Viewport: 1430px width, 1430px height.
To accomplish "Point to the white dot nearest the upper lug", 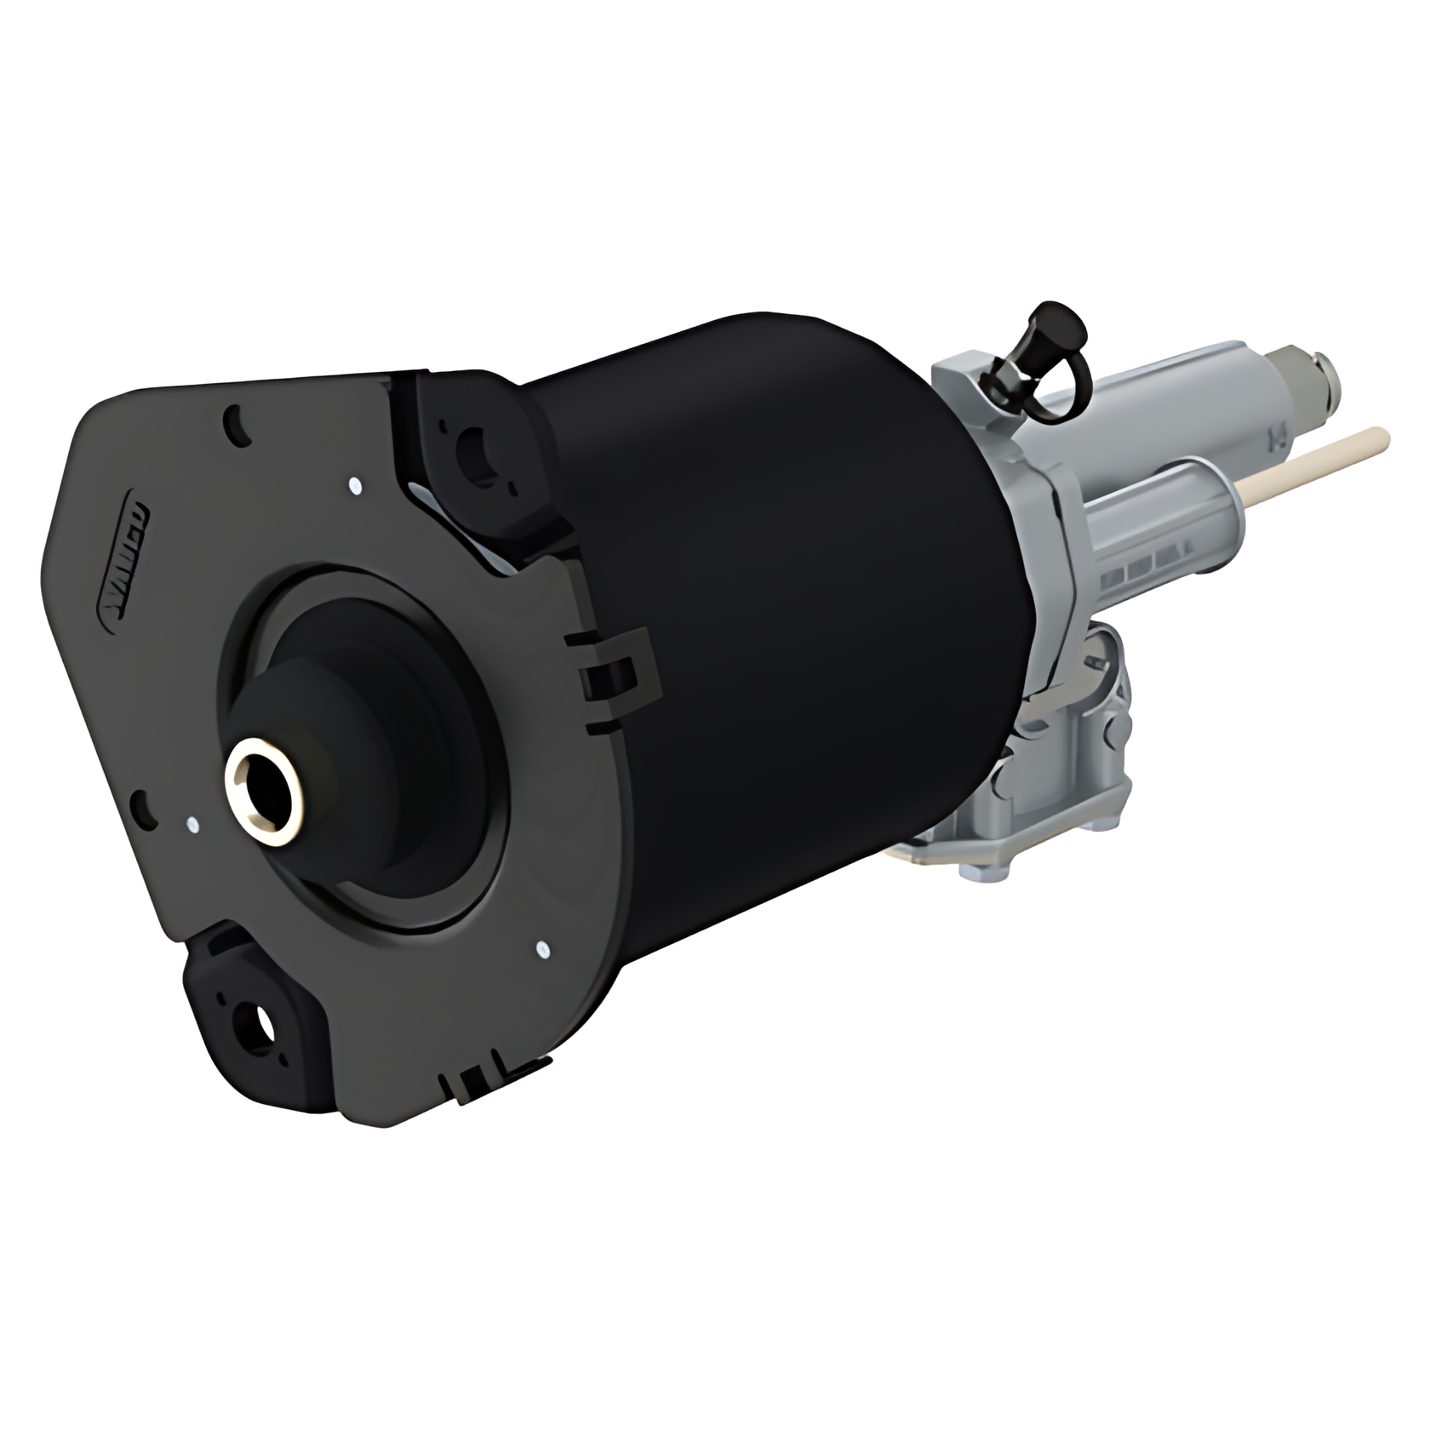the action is (355, 487).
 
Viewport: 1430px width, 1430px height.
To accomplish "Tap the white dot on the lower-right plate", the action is (542, 947).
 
